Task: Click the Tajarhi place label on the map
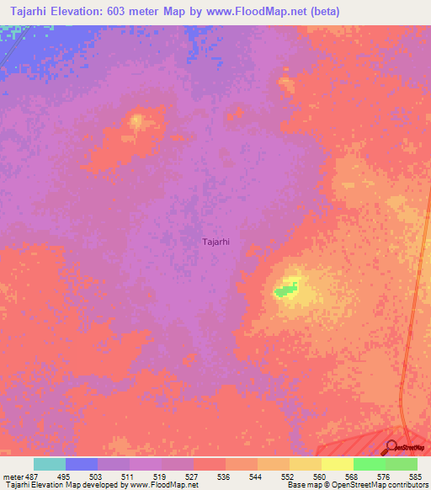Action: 216,242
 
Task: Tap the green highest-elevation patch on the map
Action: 285,290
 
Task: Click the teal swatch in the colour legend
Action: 49,464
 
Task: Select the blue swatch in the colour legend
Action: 81,464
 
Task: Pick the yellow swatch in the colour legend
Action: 337,464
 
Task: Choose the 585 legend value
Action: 414,476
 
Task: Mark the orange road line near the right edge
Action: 410,337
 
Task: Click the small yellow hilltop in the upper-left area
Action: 136,121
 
